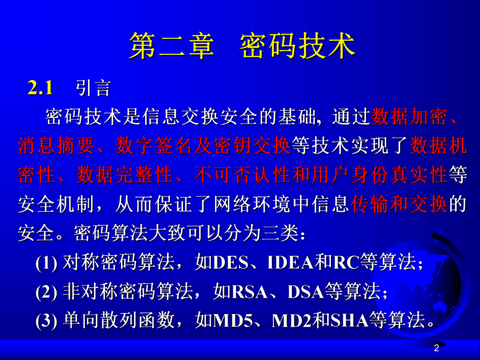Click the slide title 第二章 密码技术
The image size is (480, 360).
[242, 45]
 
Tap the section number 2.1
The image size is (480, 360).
[40, 88]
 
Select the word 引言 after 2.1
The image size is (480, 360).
[93, 88]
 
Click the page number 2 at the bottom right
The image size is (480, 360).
[437, 348]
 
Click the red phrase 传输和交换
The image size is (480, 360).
[399, 204]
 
